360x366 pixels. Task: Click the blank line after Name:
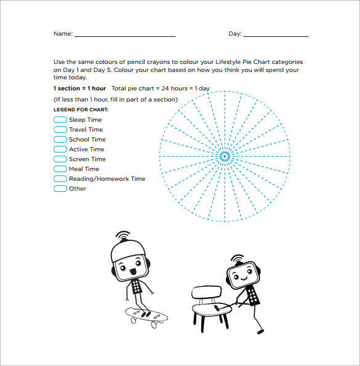pos(125,36)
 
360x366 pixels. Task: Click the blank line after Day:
pos(276,36)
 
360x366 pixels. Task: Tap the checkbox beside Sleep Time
pos(60,120)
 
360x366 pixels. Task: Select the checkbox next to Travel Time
pos(60,130)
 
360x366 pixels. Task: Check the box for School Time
pos(60,140)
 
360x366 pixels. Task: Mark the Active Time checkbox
pos(60,149)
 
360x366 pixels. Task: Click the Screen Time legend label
pos(87,159)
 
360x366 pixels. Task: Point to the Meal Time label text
pos(84,169)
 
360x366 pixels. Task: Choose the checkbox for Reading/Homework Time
pos(60,179)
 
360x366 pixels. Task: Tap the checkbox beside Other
pos(60,189)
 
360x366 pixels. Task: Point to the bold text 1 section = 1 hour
pos(79,89)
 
